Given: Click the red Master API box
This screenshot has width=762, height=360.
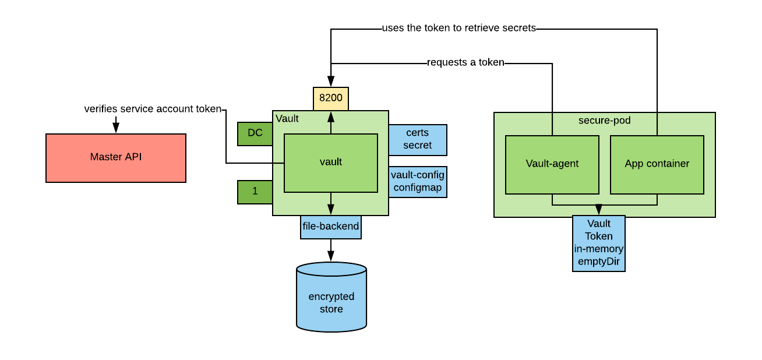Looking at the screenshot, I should tap(115, 158).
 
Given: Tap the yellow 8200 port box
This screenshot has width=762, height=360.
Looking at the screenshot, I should tap(331, 98).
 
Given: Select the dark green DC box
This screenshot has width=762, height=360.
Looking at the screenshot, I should tap(255, 133).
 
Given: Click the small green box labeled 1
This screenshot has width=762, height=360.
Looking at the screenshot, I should tap(255, 192).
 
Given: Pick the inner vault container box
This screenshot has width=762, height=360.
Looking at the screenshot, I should tap(330, 163).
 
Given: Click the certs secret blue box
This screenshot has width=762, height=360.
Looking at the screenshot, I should tap(417, 140).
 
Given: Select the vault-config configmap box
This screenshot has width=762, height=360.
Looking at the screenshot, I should tap(417, 181).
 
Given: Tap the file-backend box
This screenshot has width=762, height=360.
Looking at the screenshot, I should tap(330, 227).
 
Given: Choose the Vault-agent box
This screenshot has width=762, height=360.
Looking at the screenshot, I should tap(552, 164).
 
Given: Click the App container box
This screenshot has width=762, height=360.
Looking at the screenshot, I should tap(657, 164).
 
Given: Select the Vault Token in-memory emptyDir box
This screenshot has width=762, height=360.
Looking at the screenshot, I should tap(598, 243).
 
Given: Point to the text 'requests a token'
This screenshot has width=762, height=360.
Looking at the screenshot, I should tap(465, 63).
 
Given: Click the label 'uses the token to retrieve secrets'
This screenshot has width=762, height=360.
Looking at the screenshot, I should tap(458, 28).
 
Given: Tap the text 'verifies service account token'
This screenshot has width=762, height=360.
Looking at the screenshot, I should tap(153, 109).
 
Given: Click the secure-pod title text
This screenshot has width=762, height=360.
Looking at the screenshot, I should tap(604, 121).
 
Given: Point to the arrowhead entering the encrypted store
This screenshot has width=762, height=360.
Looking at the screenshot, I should tap(331, 257).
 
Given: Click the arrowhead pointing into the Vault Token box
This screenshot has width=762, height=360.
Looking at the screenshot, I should tap(598, 210).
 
